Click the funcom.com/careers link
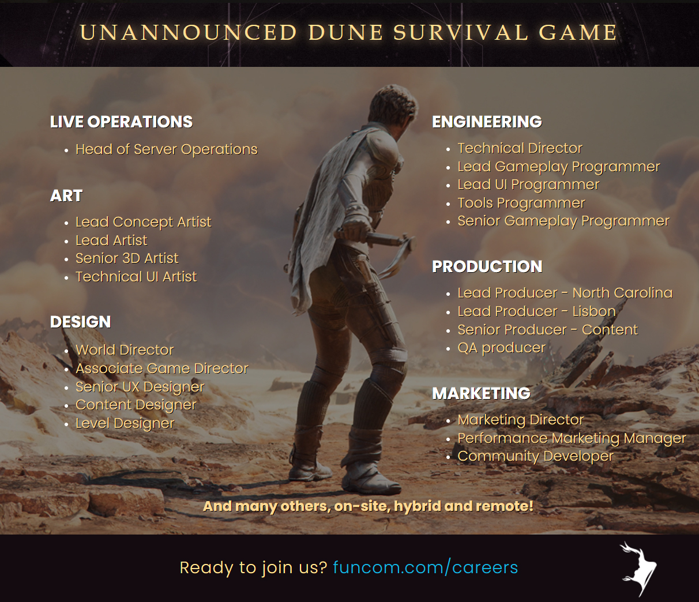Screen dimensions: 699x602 point(426,567)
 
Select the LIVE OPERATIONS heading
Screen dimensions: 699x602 point(122,122)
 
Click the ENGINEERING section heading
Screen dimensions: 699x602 point(487,122)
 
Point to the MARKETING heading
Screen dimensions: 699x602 point(482,393)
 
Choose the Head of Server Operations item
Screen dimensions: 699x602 point(166,149)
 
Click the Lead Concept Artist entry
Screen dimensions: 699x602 point(144,222)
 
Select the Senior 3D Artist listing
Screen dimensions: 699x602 point(127,258)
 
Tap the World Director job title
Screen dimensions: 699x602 point(125,350)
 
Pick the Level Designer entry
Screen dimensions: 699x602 point(125,423)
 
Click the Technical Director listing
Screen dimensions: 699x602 point(520,148)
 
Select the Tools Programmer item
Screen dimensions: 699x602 point(521,203)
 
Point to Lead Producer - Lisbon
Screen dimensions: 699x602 point(536,311)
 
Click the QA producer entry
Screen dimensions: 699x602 point(502,348)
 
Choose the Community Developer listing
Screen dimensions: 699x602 point(535,456)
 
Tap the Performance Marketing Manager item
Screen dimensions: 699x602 point(572,438)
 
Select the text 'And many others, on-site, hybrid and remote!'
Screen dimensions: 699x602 point(368,506)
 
